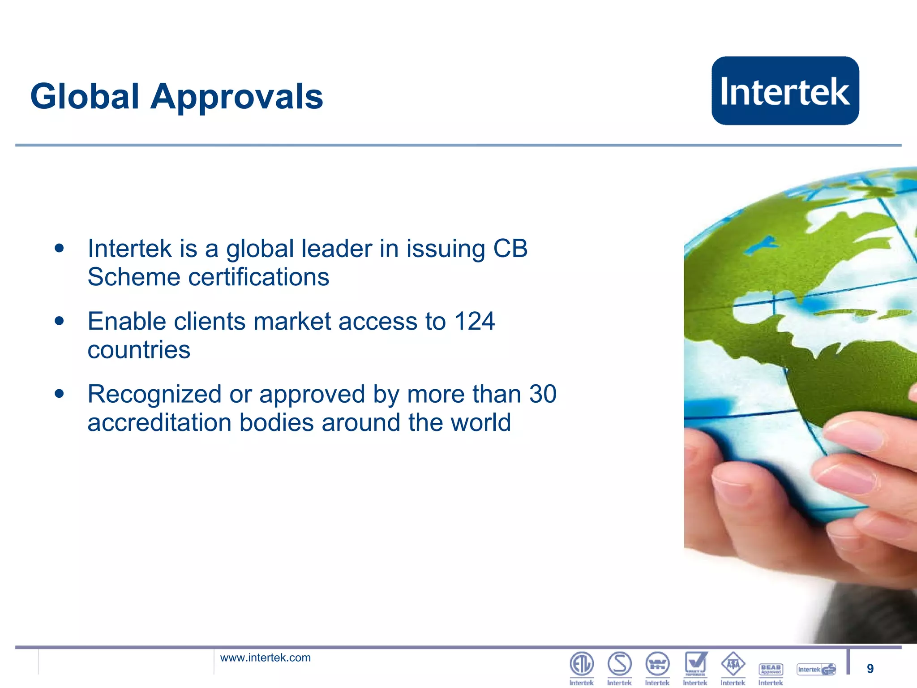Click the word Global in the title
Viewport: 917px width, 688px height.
(x=85, y=97)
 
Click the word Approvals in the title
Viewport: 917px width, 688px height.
(x=236, y=97)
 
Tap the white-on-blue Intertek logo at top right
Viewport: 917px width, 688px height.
(x=785, y=91)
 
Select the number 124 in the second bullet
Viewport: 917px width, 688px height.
(x=475, y=322)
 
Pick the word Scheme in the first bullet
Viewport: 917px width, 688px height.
(x=133, y=277)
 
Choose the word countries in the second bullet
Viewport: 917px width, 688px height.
(x=139, y=350)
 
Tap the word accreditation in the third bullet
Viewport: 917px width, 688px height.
(x=159, y=422)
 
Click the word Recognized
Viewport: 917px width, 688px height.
(x=154, y=394)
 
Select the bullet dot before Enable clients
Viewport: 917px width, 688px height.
(x=59, y=321)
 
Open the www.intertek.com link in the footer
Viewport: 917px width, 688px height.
(x=265, y=658)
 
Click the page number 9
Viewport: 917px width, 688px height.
(x=870, y=669)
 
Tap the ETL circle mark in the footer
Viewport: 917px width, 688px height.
(x=582, y=664)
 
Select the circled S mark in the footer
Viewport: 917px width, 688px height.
(x=620, y=664)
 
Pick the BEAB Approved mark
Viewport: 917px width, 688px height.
(x=771, y=669)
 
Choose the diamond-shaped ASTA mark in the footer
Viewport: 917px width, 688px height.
(x=733, y=664)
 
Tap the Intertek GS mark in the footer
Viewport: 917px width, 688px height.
(x=816, y=670)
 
